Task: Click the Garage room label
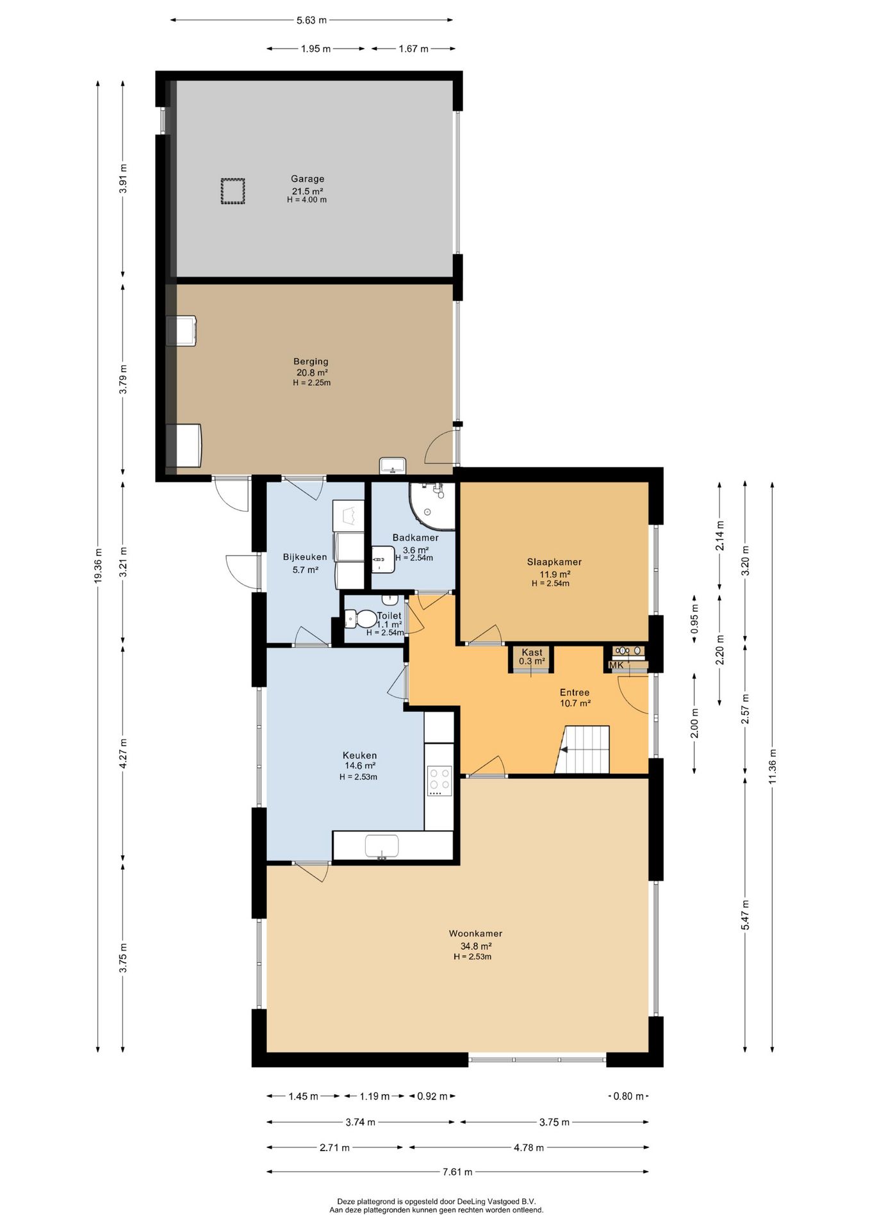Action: click(308, 179)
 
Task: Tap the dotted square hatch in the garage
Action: click(233, 191)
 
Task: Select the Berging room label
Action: click(311, 361)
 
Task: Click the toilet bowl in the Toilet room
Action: click(366, 619)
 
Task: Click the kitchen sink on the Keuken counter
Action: click(382, 846)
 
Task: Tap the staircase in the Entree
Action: click(582, 750)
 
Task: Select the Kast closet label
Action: click(532, 652)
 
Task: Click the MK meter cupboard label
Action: click(616, 665)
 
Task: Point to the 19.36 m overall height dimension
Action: click(98, 566)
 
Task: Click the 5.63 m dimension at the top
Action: click(311, 20)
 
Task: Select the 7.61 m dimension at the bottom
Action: click(457, 1172)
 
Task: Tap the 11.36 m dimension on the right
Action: click(773, 766)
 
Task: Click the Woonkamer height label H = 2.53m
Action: click(473, 957)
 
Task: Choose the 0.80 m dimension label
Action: click(628, 1096)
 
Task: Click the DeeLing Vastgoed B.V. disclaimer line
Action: click(436, 1201)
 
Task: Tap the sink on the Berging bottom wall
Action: click(393, 466)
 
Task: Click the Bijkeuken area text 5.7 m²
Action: click(306, 570)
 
